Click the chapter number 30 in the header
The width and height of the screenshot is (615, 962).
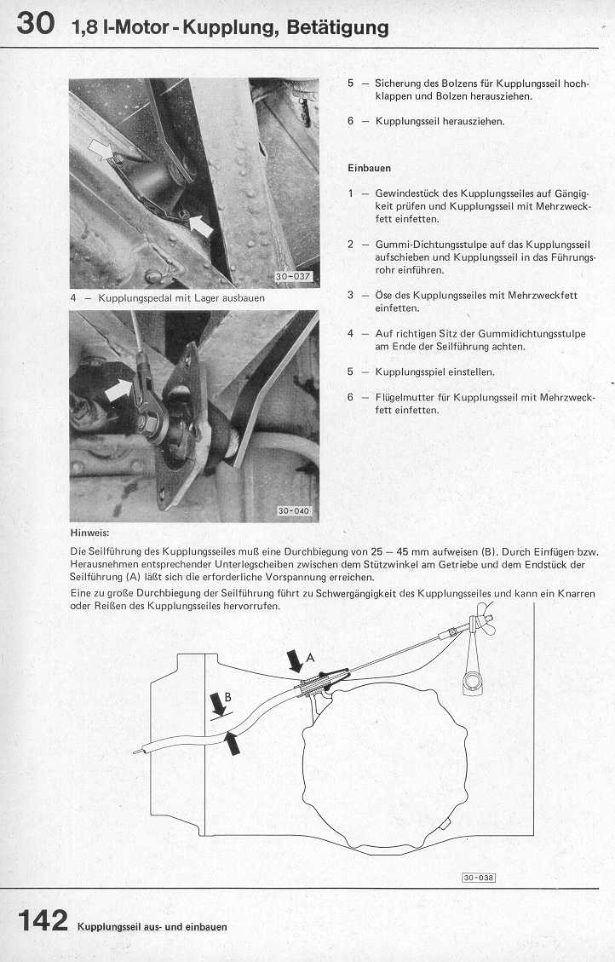(x=35, y=25)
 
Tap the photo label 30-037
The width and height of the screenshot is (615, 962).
(x=293, y=276)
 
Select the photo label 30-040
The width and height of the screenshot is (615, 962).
(x=295, y=511)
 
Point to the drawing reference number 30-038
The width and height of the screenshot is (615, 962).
(x=480, y=877)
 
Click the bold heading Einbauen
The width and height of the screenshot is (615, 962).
(x=369, y=168)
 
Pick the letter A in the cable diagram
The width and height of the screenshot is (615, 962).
(x=310, y=656)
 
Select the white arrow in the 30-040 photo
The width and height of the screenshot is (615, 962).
(x=121, y=390)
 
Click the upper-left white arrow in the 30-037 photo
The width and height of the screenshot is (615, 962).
(x=101, y=150)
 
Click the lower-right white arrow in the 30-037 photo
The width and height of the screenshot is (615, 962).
(x=201, y=226)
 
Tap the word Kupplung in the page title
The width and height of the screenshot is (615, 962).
(x=234, y=27)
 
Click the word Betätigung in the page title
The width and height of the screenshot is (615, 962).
(x=337, y=27)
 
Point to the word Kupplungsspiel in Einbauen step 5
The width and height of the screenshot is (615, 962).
(x=411, y=372)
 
